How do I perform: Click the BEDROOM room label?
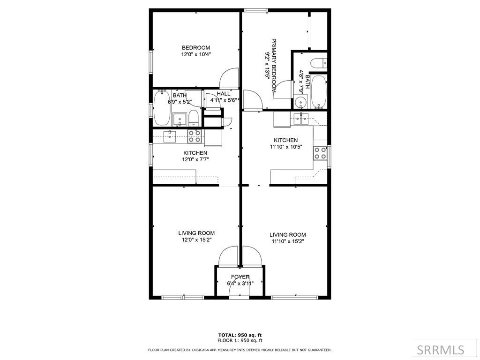tap(196, 47)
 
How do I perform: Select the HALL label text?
tap(224, 94)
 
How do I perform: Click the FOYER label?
tap(240, 277)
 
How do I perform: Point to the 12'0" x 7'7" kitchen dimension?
tap(196, 159)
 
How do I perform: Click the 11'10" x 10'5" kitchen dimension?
tap(286, 147)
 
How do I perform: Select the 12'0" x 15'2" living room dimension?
tap(196, 240)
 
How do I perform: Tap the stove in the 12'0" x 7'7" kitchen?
tap(195, 136)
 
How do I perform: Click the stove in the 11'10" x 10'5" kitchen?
tap(320, 153)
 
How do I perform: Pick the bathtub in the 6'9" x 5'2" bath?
tap(162, 108)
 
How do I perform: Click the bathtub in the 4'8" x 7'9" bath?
tap(319, 91)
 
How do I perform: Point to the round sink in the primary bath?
tap(300, 102)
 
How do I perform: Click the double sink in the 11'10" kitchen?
tap(300, 117)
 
